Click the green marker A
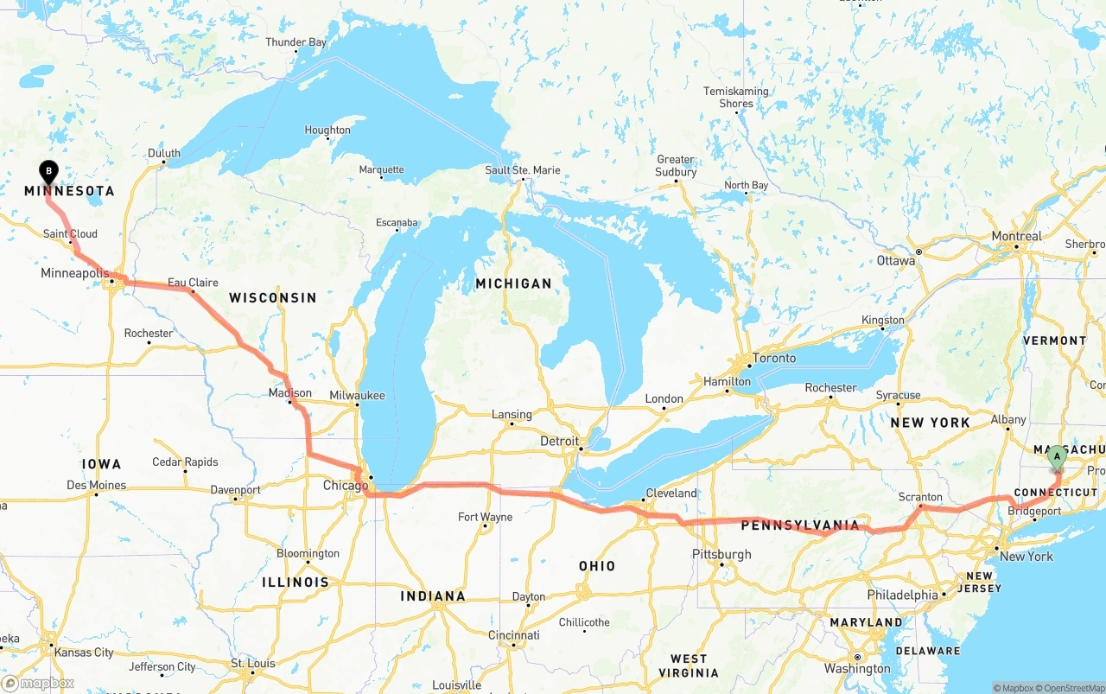[1056, 455]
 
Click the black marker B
[49, 171]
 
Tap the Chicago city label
[346, 486]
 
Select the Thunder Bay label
[296, 42]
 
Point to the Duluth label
[164, 154]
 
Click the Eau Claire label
[193, 283]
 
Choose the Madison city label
[289, 392]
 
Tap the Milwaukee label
[357, 395]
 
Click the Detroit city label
[559, 441]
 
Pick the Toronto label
[774, 358]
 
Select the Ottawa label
[895, 260]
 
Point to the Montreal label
[1016, 236]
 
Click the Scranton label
[920, 497]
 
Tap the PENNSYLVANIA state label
[800, 525]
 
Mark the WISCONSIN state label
[272, 297]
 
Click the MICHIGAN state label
[513, 283]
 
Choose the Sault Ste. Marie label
[522, 170]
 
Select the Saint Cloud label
[70, 233]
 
